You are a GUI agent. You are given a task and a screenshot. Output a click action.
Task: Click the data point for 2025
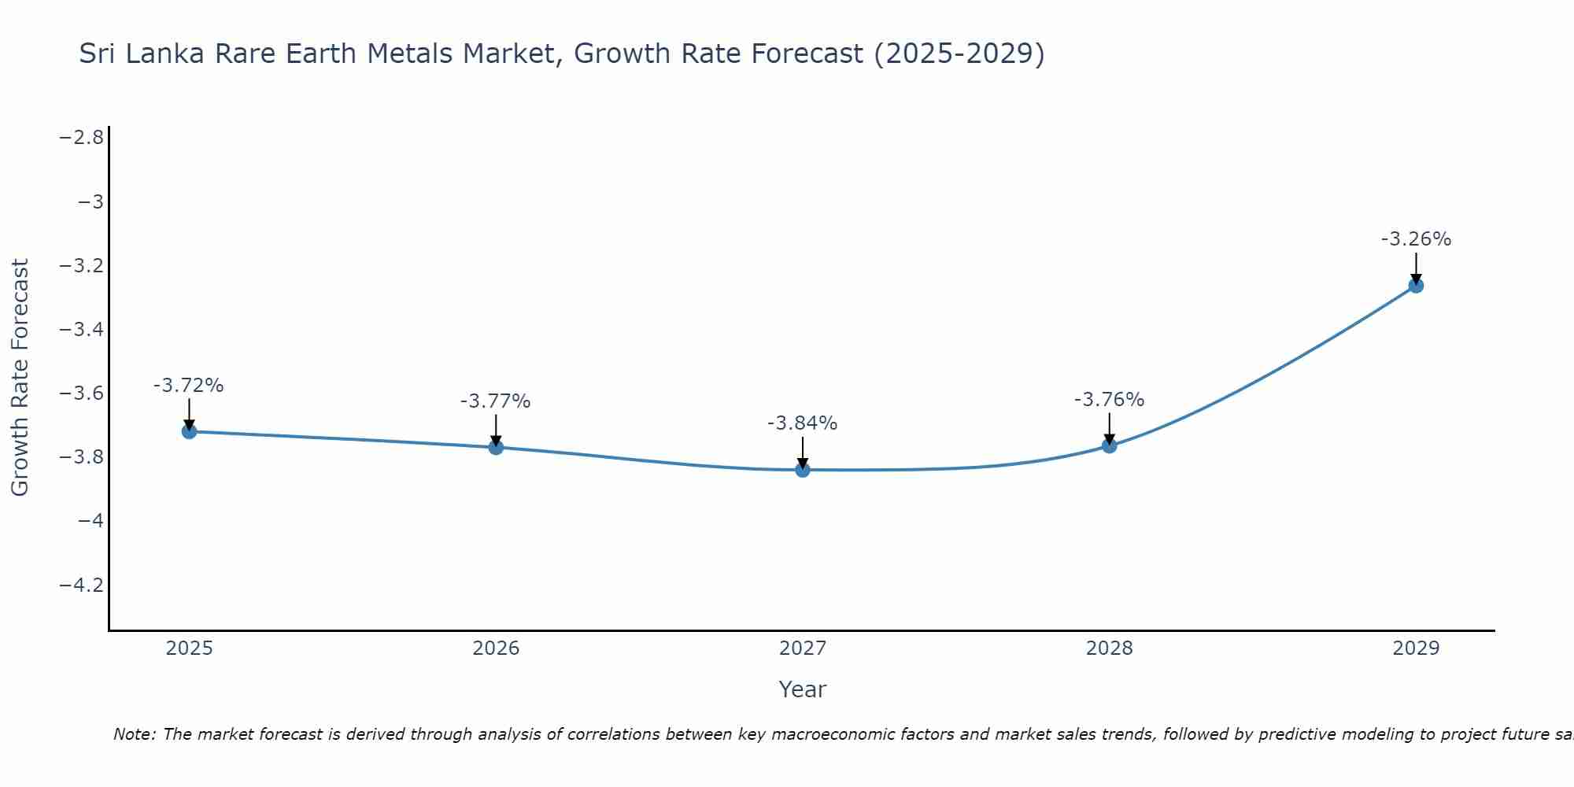pyautogui.click(x=189, y=431)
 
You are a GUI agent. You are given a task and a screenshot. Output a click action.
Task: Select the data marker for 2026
pyautogui.click(x=496, y=447)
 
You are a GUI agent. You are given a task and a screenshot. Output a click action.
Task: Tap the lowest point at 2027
pyautogui.click(x=803, y=470)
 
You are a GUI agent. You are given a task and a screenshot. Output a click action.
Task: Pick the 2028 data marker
pyautogui.click(x=1110, y=445)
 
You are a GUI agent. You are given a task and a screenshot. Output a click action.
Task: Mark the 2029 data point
pyautogui.click(x=1416, y=286)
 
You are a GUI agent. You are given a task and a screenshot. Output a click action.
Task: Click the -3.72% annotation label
pyautogui.click(x=188, y=386)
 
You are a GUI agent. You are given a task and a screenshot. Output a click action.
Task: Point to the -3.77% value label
pyautogui.click(x=495, y=401)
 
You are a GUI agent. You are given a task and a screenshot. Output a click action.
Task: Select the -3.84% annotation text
pyautogui.click(x=802, y=423)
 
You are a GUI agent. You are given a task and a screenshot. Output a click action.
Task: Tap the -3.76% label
pyautogui.click(x=1109, y=400)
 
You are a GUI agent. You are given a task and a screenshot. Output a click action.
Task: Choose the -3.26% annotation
pyautogui.click(x=1416, y=239)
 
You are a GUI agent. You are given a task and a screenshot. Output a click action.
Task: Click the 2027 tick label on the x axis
pyautogui.click(x=803, y=648)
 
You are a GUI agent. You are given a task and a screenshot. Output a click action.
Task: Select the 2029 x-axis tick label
pyautogui.click(x=1416, y=648)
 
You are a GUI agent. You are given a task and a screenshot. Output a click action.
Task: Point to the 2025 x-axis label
pyautogui.click(x=189, y=648)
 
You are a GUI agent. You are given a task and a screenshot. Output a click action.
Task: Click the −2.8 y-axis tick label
pyautogui.click(x=82, y=138)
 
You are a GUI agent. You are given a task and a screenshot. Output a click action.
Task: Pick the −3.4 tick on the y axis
pyautogui.click(x=82, y=330)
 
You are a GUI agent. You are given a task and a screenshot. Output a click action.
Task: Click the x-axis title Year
pyautogui.click(x=802, y=690)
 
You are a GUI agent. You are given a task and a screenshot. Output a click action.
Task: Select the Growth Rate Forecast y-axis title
pyautogui.click(x=20, y=378)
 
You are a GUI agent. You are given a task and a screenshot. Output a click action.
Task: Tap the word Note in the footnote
pyautogui.click(x=135, y=735)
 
